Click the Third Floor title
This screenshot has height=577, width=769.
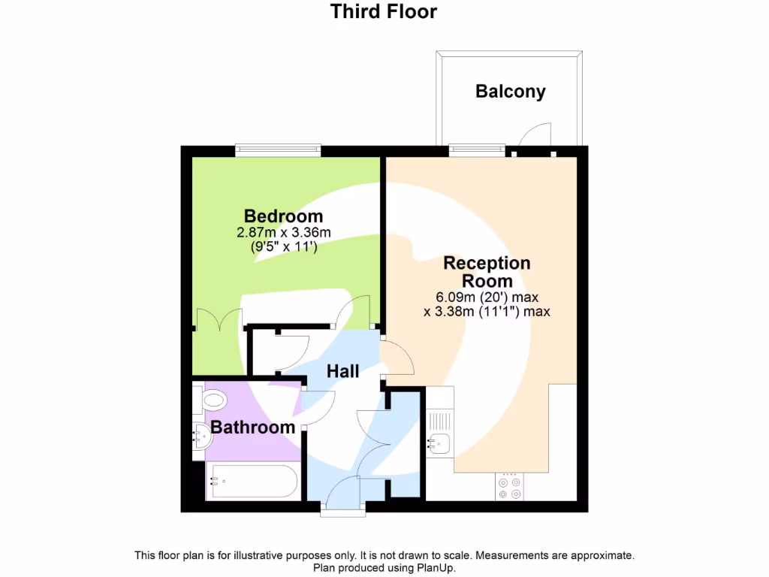384,12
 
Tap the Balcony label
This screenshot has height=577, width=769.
510,92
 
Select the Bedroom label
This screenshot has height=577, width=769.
283,217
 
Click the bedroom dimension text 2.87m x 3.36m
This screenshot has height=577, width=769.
283,233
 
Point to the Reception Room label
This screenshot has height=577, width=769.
487,272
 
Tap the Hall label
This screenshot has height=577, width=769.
342,371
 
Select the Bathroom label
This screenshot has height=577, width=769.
252,427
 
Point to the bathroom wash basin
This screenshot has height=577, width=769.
202,436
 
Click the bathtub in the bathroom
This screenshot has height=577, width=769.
252,482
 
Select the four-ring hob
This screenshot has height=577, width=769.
510,487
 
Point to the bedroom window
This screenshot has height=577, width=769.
278,150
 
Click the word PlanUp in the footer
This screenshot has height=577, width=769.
436,568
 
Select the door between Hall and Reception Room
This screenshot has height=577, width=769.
398,358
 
